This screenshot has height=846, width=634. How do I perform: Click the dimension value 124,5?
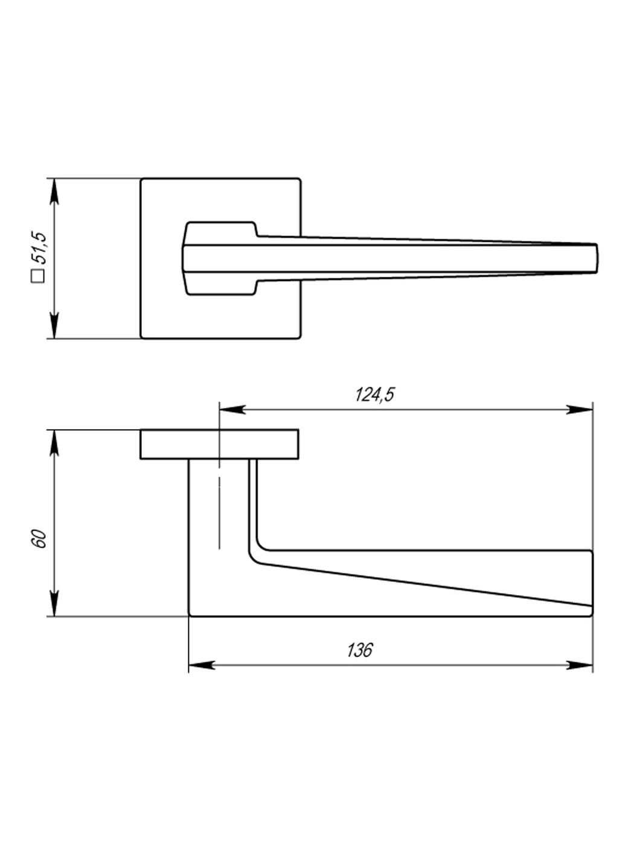pos(375,395)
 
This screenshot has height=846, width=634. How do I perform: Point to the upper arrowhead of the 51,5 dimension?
pos(55,191)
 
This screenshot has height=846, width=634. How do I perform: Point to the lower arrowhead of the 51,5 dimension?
pos(55,325)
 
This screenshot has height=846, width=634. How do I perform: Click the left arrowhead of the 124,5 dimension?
pos(232,409)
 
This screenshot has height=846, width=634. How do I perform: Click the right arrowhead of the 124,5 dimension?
pos(579,409)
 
